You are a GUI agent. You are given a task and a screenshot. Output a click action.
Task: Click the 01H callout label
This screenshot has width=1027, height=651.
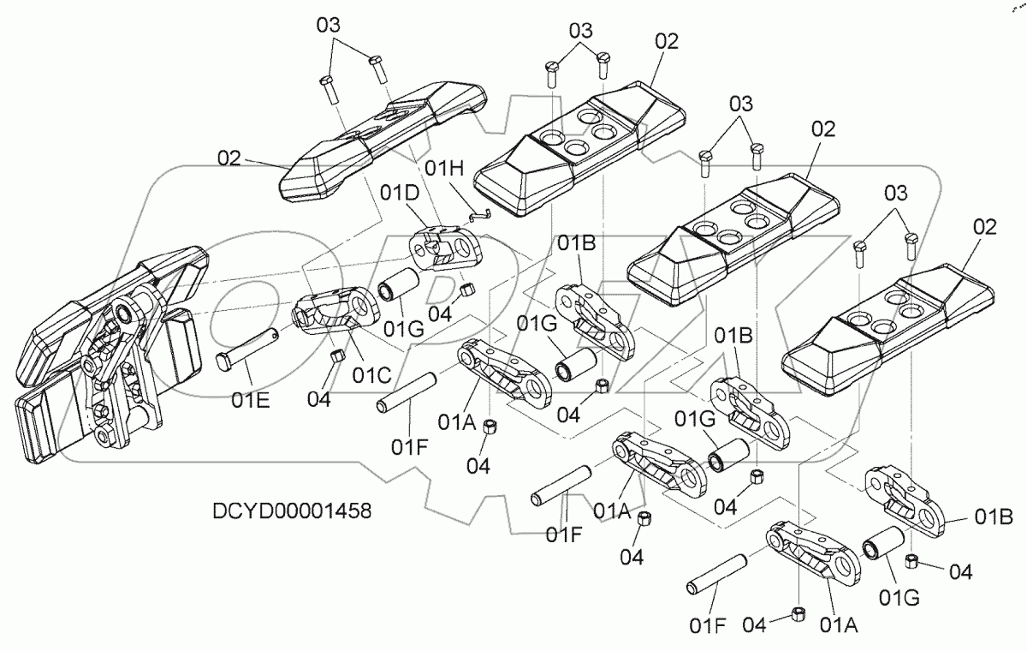444,169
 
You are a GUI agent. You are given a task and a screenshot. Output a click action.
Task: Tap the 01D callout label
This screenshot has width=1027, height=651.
400,193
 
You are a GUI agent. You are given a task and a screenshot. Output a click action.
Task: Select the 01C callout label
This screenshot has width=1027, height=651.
371,375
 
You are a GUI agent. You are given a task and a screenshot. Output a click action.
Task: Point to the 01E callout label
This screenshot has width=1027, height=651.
251,401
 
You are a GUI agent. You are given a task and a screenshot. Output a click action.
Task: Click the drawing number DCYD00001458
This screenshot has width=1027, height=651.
292,511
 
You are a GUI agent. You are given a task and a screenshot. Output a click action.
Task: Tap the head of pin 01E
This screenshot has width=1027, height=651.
223,362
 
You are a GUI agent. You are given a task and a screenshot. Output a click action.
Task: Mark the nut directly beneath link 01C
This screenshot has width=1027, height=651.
337,356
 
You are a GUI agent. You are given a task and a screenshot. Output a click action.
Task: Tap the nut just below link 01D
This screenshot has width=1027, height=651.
467,290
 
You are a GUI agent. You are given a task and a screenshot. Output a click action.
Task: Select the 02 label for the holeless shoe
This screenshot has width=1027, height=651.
229,158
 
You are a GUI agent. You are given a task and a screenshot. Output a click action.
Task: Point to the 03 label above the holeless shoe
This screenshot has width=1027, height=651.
329,25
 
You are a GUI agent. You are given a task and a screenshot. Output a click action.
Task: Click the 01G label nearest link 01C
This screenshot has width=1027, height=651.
403,328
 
